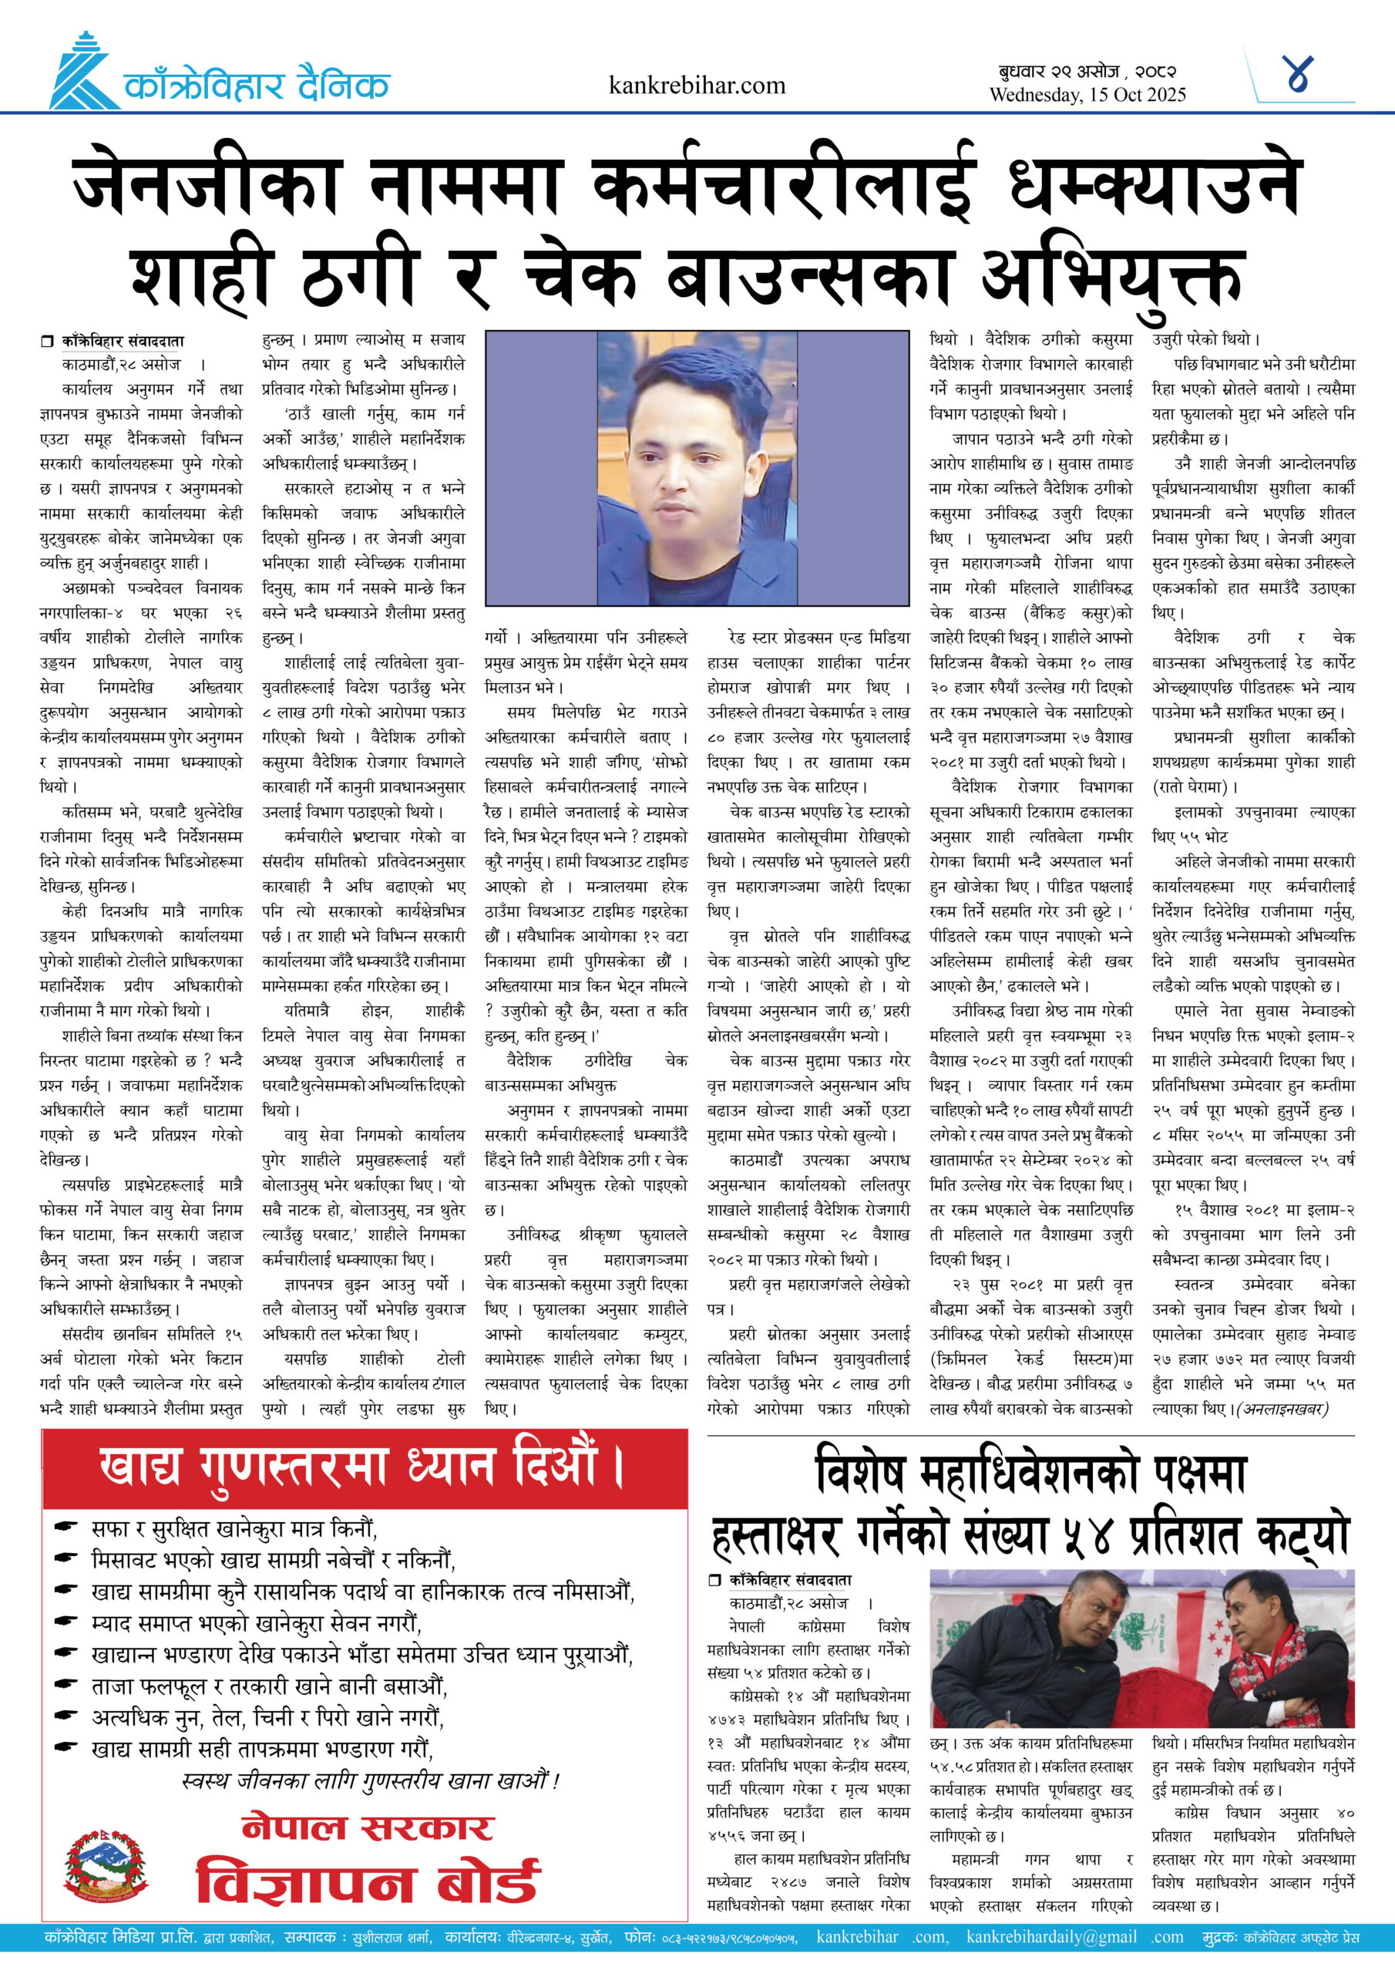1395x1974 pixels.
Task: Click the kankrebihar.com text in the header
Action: [x=696, y=85]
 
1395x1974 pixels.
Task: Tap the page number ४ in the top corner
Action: [x=1298, y=76]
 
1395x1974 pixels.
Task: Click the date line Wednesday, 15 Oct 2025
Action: [x=1087, y=95]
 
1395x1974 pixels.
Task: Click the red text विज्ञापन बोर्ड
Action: [x=368, y=1883]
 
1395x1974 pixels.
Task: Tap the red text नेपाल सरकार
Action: [x=368, y=1827]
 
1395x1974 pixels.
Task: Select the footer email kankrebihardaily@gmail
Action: [x=1050, y=1937]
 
